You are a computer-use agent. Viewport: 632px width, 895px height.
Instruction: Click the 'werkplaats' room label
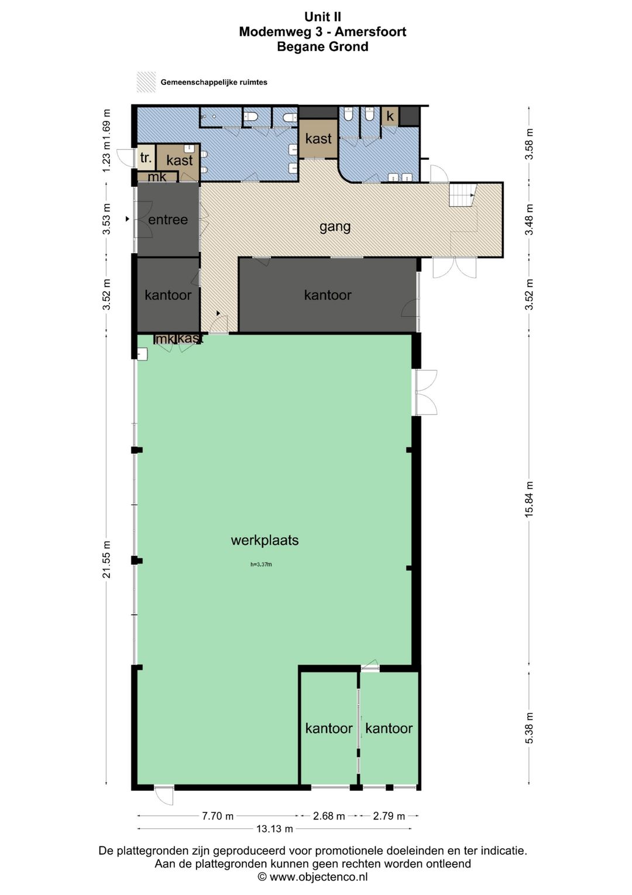click(x=265, y=540)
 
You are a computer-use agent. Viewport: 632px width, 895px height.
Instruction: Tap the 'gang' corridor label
click(x=335, y=227)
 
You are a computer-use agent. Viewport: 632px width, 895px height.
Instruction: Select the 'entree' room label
click(x=168, y=219)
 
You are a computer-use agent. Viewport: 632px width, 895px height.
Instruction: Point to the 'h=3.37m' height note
click(x=261, y=565)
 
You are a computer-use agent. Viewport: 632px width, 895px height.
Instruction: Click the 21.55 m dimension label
click(x=106, y=559)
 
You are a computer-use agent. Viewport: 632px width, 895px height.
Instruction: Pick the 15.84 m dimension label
click(x=529, y=500)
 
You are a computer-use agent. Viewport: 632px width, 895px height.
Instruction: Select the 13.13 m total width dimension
click(x=274, y=829)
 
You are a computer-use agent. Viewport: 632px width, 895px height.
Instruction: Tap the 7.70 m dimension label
click(x=218, y=816)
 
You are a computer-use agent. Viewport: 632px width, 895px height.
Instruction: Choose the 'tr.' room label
click(x=146, y=158)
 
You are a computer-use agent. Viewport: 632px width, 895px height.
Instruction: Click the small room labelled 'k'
click(x=390, y=116)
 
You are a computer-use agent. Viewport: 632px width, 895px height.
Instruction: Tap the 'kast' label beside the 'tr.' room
click(x=180, y=160)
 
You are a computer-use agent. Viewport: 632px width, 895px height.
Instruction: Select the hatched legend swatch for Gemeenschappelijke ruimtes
click(x=146, y=82)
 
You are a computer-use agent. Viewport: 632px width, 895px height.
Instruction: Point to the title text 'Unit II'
click(x=322, y=17)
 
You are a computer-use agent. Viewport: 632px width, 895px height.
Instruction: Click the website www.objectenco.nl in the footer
click(x=318, y=877)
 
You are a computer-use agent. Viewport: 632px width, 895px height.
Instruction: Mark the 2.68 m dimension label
click(x=328, y=816)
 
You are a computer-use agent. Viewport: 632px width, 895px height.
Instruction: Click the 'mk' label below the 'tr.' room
click(x=157, y=176)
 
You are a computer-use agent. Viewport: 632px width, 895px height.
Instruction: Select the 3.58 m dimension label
click(x=529, y=144)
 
